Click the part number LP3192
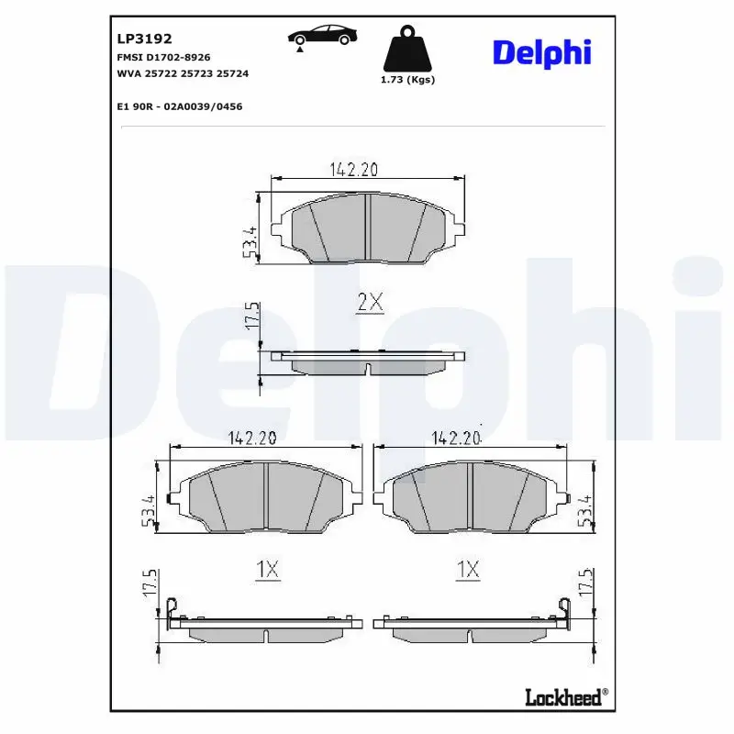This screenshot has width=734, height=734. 139,39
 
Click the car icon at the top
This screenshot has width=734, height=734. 322,38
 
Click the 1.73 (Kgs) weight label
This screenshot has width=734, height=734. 406,80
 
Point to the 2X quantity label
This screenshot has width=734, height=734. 369,304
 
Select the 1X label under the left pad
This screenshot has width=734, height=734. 266,571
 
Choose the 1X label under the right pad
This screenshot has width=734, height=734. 468,571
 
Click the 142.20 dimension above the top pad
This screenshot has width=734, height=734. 354,169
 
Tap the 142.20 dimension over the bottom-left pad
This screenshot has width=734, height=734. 252,439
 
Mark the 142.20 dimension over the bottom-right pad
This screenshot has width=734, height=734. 456,439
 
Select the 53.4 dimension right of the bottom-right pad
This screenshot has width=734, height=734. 583,510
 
